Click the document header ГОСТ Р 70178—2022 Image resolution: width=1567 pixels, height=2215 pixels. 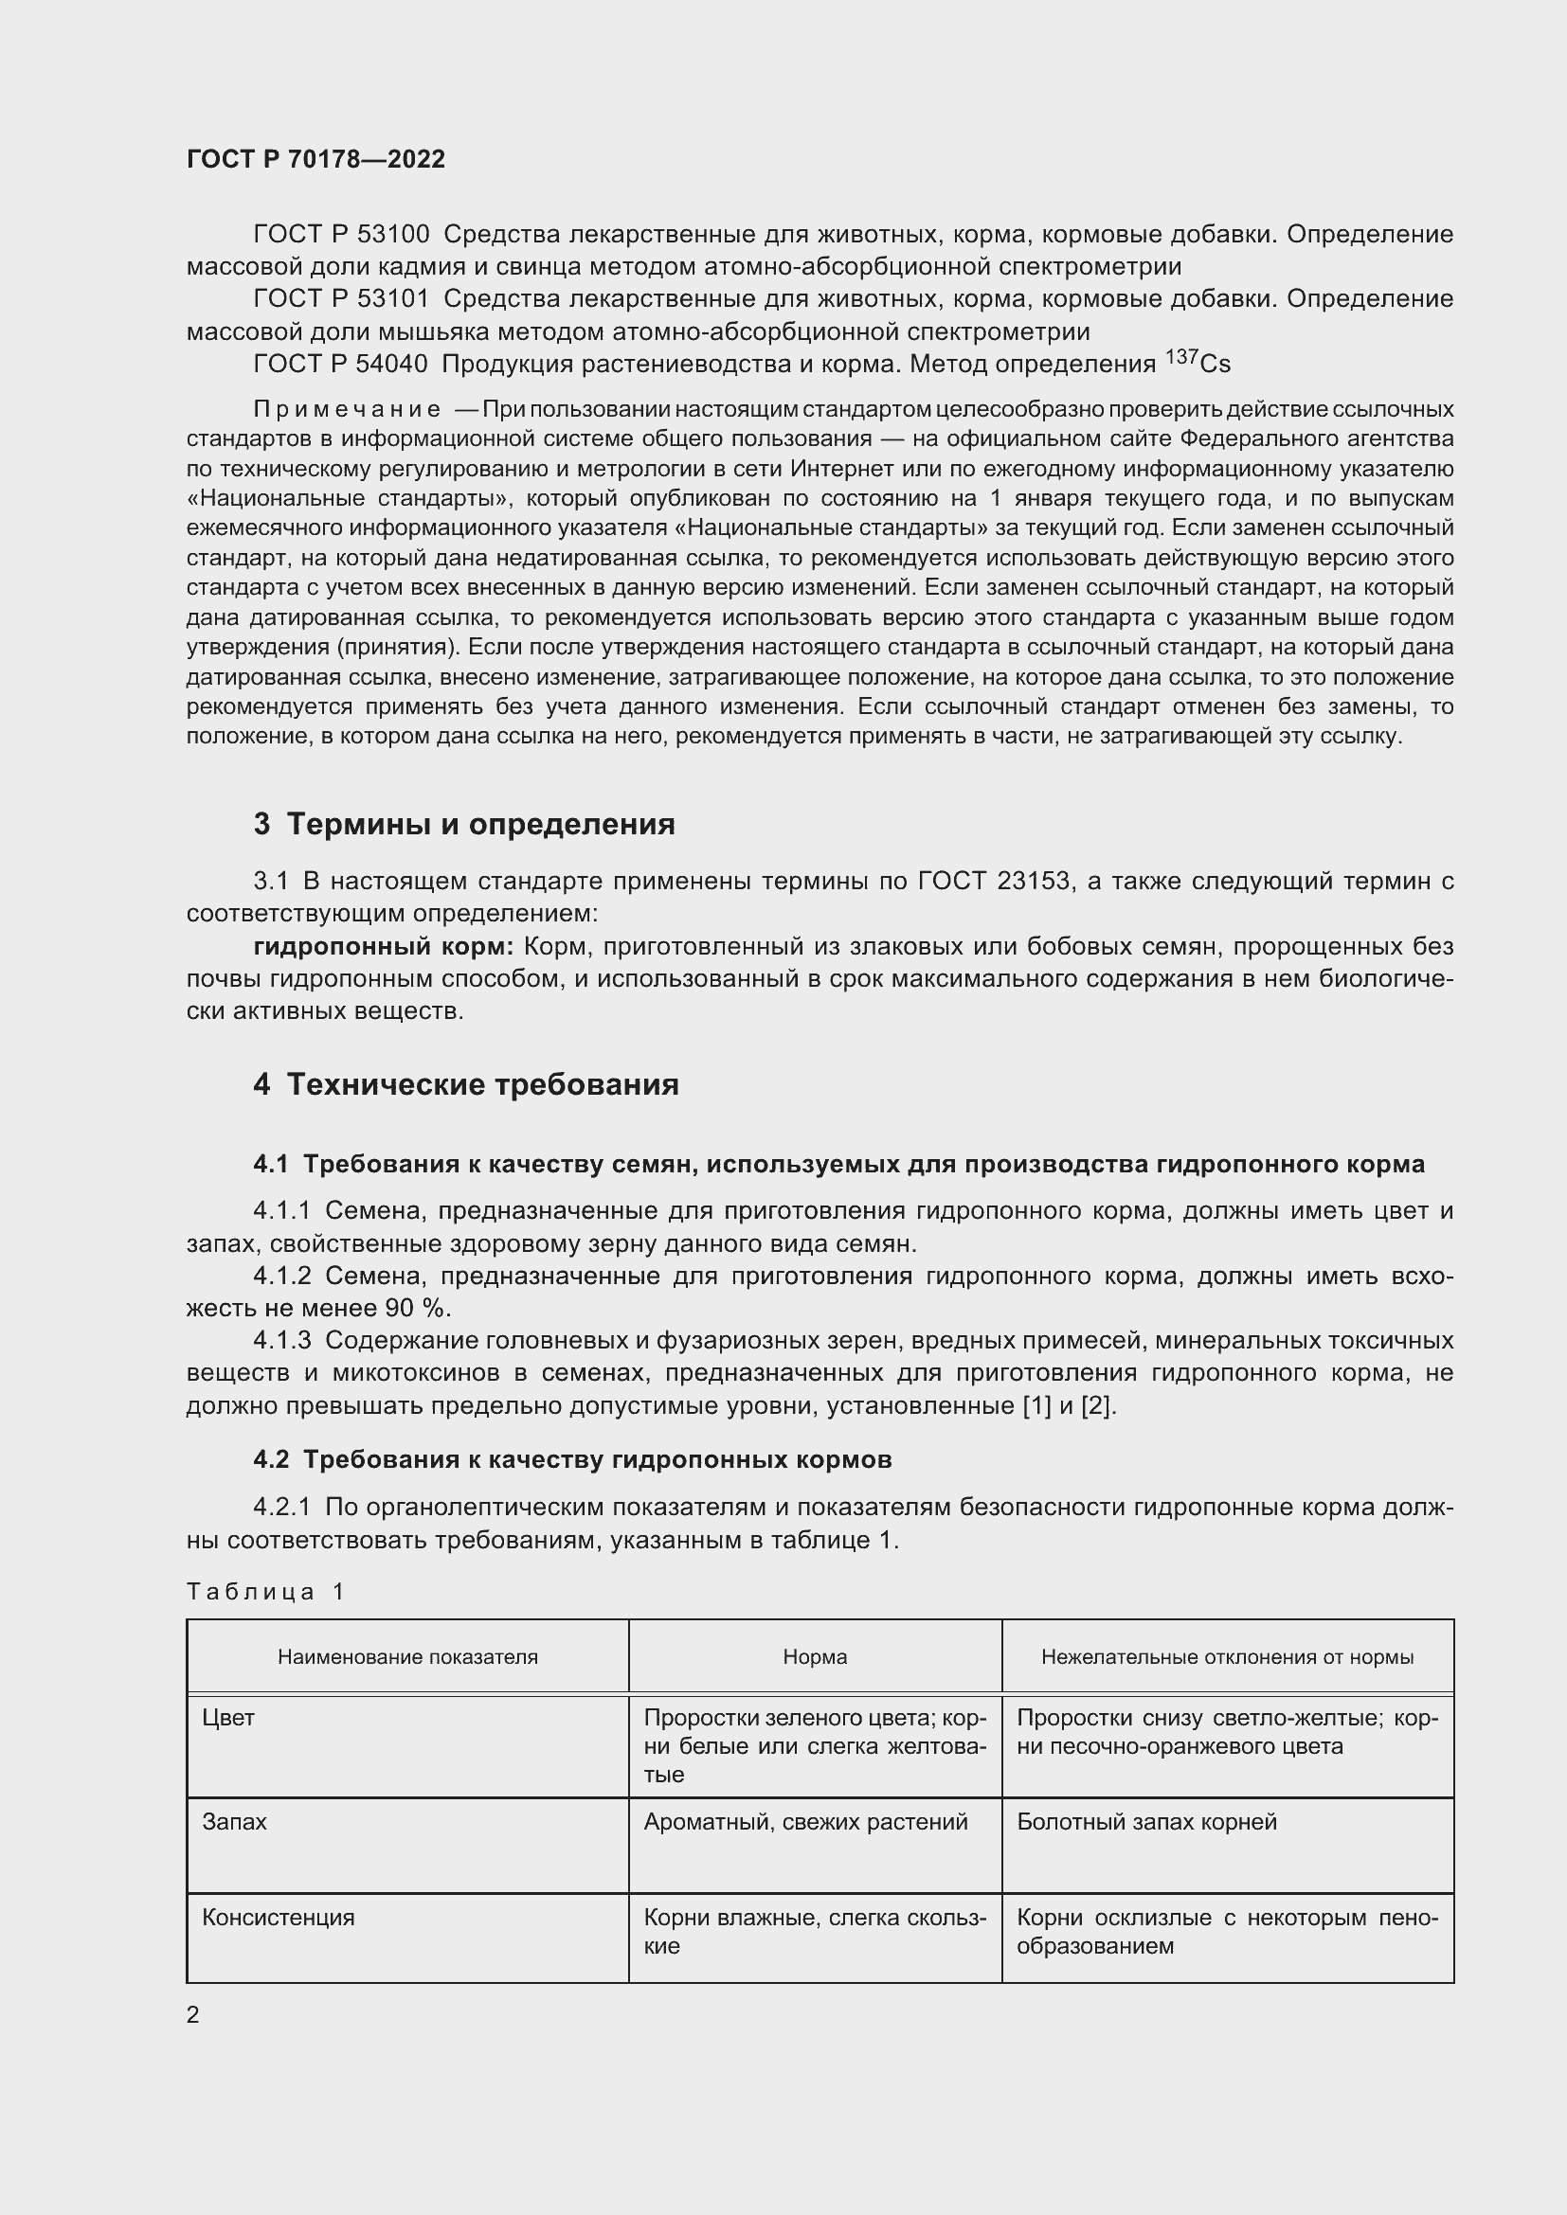click(x=315, y=159)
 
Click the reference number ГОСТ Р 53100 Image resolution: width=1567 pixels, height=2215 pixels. click(x=341, y=235)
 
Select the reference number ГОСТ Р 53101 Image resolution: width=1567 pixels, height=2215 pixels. click(x=341, y=299)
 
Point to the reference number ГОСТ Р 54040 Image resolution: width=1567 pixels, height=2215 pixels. click(x=341, y=364)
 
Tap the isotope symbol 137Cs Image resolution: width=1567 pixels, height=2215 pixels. click(x=1198, y=362)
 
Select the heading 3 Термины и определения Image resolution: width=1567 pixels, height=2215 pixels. click(x=463, y=824)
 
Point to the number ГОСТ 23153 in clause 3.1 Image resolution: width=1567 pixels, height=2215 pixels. click(x=994, y=881)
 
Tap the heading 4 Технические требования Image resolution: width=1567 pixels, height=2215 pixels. click(x=465, y=1084)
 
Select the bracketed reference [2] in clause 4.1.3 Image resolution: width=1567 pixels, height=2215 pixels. click(x=1098, y=1405)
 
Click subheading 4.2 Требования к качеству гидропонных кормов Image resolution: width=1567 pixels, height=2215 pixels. click(x=572, y=1459)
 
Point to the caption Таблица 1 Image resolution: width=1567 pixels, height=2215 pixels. click(x=264, y=1592)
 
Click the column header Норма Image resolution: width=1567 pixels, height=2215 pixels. click(x=815, y=1657)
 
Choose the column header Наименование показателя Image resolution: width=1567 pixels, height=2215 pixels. click(x=407, y=1657)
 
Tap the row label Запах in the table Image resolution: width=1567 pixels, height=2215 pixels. click(x=233, y=1822)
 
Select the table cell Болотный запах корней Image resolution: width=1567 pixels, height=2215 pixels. click(x=1146, y=1822)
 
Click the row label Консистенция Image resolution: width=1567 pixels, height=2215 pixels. click(x=278, y=1918)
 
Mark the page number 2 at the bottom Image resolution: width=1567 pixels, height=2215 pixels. click(x=193, y=2014)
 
